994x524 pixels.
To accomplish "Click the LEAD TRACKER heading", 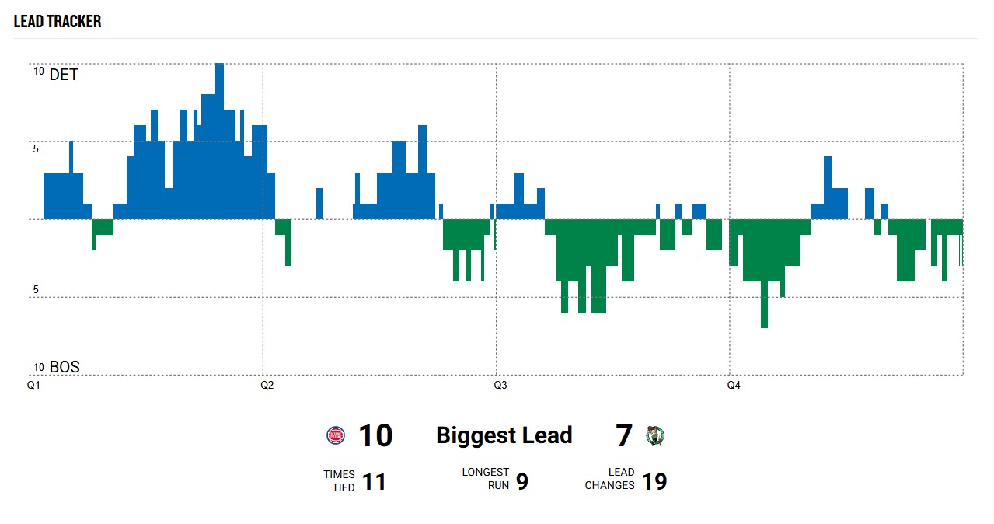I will pyautogui.click(x=58, y=21).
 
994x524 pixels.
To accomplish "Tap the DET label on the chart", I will pyautogui.click(x=64, y=75).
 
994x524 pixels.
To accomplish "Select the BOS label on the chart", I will pyautogui.click(x=65, y=367).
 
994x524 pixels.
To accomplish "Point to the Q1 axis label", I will pyautogui.click(x=33, y=385).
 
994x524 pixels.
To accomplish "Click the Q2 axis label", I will pyautogui.click(x=267, y=385).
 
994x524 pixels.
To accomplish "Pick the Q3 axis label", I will pyautogui.click(x=500, y=385).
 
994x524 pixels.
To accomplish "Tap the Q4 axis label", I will pyautogui.click(x=733, y=385).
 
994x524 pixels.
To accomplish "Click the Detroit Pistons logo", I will pyautogui.click(x=335, y=435).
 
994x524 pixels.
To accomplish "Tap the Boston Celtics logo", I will pyautogui.click(x=655, y=435).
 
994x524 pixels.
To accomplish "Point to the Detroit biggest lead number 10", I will pyautogui.click(x=375, y=436).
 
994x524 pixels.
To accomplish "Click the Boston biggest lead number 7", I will pyautogui.click(x=624, y=436).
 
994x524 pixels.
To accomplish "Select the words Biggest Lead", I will pyautogui.click(x=504, y=435).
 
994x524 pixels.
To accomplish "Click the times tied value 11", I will pyautogui.click(x=374, y=482).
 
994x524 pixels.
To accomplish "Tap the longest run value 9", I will pyautogui.click(x=522, y=482).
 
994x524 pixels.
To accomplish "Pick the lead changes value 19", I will pyautogui.click(x=654, y=482).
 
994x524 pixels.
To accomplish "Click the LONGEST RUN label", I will pyautogui.click(x=486, y=478).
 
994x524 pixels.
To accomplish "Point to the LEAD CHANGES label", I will pyautogui.click(x=610, y=478).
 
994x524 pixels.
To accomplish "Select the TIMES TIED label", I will pyautogui.click(x=340, y=480).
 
